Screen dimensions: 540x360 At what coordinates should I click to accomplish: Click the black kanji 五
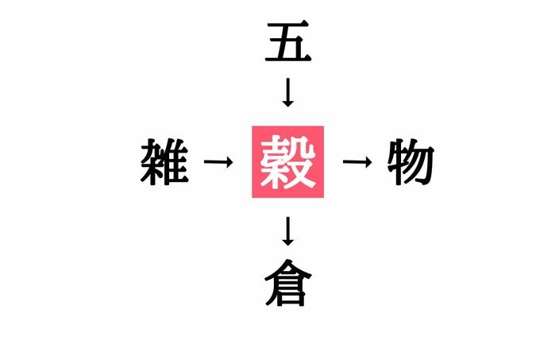288,41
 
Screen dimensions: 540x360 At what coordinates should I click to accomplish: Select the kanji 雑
164,161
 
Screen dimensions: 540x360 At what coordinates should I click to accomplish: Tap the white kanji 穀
287,161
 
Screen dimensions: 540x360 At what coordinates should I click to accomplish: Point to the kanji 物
411,161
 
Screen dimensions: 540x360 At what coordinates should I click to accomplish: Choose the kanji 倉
288,283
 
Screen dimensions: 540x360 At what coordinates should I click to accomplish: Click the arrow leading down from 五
287,92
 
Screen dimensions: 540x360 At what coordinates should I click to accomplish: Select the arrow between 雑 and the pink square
218,161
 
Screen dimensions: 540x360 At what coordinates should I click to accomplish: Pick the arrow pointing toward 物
357,161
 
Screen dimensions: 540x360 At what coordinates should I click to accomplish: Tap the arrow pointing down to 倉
287,231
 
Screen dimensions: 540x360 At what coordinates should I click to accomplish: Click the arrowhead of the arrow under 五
287,103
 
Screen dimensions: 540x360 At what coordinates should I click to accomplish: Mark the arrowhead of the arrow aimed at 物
368,161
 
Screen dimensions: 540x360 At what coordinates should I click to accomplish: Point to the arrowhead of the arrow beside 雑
229,161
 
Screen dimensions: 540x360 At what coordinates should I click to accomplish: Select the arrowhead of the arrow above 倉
287,242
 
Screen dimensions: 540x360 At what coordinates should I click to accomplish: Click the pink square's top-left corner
252,126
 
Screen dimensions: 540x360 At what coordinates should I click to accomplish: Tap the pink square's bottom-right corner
324,198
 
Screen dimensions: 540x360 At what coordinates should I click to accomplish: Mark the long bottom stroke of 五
288,59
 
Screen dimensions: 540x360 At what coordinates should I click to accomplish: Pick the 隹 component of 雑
177,161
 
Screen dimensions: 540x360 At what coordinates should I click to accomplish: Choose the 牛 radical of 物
396,161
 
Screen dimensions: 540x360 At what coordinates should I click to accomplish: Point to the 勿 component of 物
421,161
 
